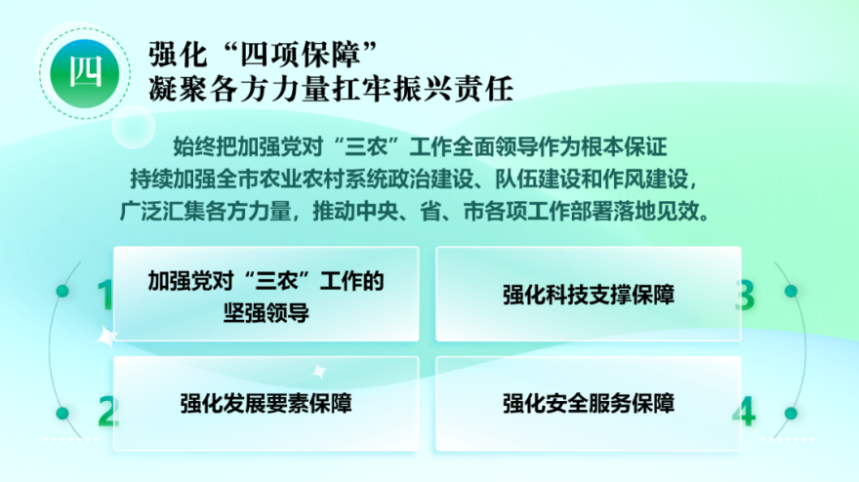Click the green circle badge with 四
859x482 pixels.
tap(85, 73)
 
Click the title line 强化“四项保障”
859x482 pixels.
tap(264, 54)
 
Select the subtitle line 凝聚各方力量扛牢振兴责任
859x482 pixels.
tap(331, 89)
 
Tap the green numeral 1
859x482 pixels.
tap(104, 295)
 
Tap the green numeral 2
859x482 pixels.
tap(108, 412)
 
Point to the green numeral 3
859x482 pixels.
tap(745, 295)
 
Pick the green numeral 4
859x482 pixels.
tap(744, 412)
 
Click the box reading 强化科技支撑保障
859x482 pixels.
tap(589, 294)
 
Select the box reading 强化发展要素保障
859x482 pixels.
tap(266, 404)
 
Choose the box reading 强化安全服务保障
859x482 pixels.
tap(589, 404)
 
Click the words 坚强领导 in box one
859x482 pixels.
tap(266, 313)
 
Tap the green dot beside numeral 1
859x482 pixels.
tap(62, 291)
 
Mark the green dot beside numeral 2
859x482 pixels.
tap(62, 413)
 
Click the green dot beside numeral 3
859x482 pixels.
tap(791, 291)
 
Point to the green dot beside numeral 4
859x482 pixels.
tap(791, 413)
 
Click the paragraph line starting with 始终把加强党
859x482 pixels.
tap(420, 146)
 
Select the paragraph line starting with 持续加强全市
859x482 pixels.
tap(414, 179)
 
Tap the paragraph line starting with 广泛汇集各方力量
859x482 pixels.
tap(415, 211)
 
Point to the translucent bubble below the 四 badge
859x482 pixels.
tap(134, 127)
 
